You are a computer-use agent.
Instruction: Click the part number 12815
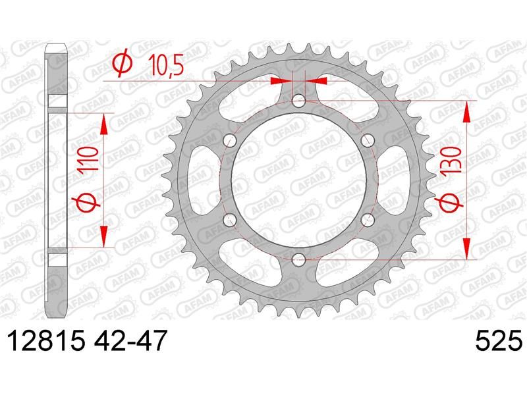click(x=46, y=340)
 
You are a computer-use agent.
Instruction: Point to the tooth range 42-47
click(x=129, y=340)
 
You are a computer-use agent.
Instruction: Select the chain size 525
click(x=499, y=340)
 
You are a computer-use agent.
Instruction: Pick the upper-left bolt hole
click(x=230, y=140)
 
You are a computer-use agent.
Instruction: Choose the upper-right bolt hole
click(x=368, y=140)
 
